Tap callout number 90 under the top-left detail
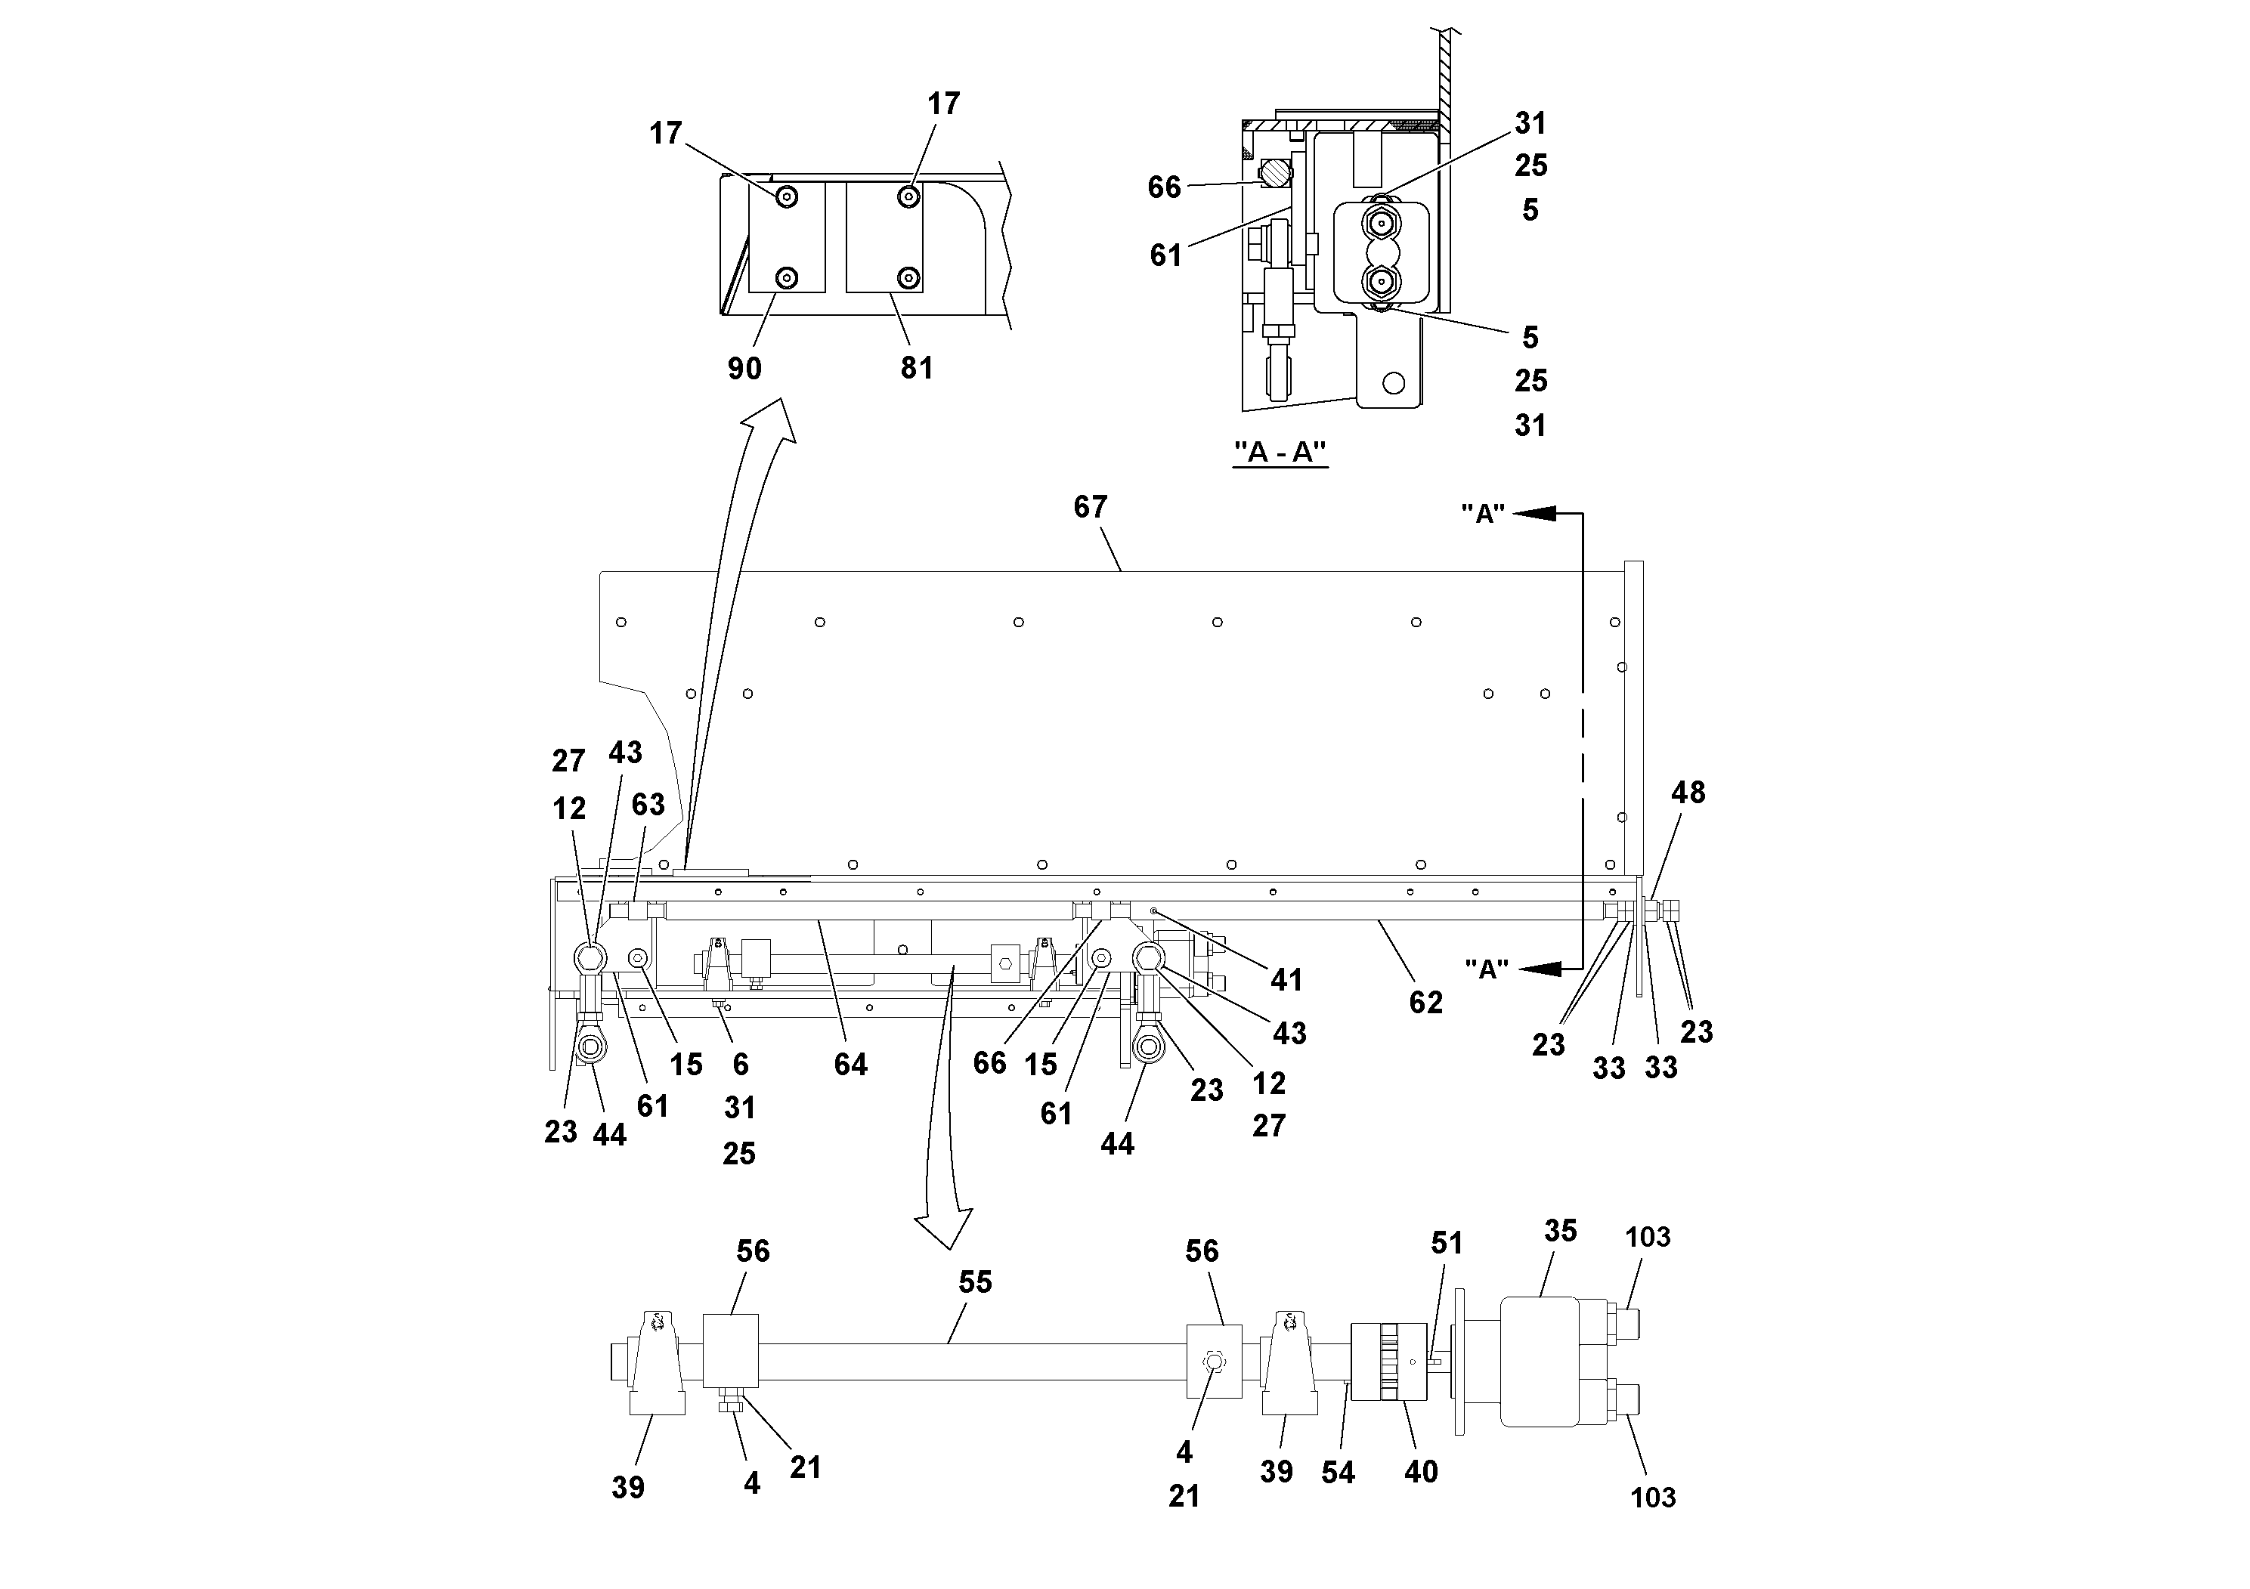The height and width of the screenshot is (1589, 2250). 744,369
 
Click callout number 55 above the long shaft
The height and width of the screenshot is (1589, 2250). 975,1282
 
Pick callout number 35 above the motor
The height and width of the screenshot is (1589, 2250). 1560,1232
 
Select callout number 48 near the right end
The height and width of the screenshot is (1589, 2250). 1688,793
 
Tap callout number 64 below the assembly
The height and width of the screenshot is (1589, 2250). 850,1065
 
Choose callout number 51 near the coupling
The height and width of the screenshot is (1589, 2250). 1447,1243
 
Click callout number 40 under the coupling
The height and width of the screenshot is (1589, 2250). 1421,1471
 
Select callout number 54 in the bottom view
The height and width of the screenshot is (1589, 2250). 1338,1473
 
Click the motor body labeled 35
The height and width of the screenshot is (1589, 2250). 1539,1361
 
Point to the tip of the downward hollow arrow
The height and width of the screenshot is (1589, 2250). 949,1247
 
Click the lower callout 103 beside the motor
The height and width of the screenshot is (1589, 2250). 1652,1497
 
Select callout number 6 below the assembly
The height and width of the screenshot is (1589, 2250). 740,1064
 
